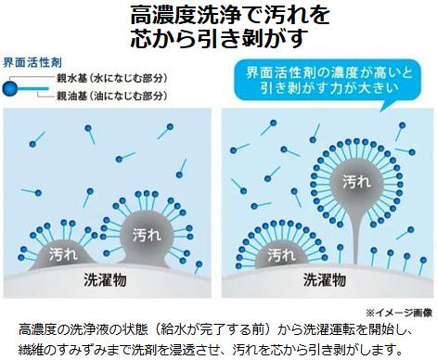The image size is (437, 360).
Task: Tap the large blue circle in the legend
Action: pyautogui.click(x=10, y=87)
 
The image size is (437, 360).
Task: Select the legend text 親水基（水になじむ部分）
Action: pyautogui.click(x=110, y=81)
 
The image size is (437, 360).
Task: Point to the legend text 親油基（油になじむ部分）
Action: pyautogui.click(x=111, y=96)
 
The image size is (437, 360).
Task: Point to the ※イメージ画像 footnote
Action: pyautogui.click(x=399, y=313)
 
